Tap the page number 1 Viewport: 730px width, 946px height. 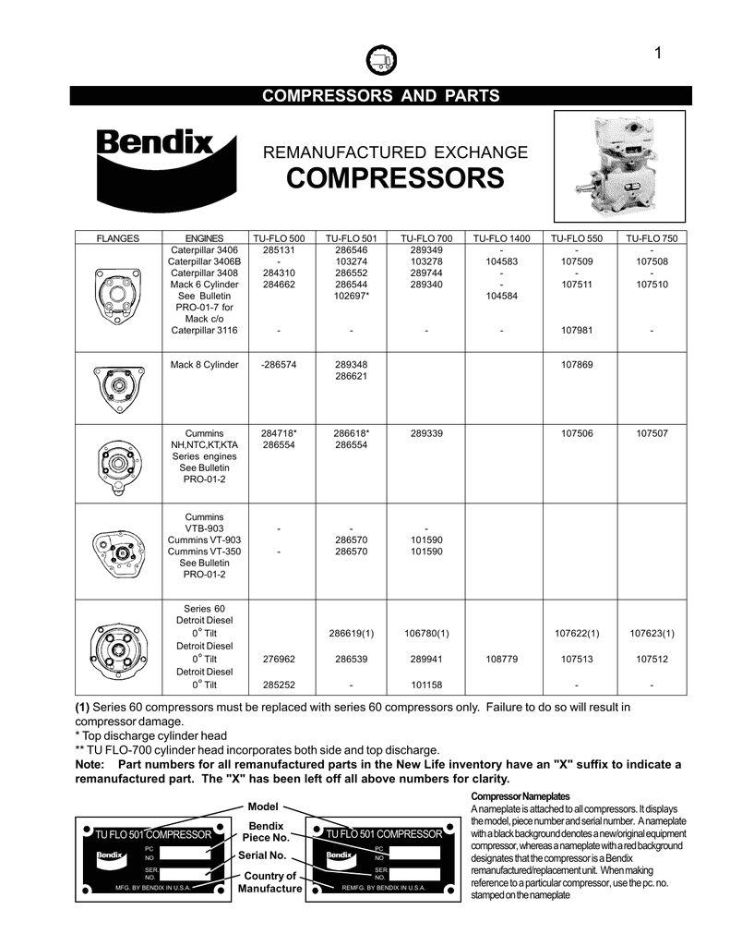[658, 54]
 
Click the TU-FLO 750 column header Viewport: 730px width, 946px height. [652, 238]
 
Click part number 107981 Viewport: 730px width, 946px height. [576, 331]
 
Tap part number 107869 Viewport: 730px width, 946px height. [576, 365]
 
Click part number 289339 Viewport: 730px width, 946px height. [425, 432]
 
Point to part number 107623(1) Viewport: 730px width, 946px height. [652, 634]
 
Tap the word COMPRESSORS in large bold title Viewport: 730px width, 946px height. [395, 177]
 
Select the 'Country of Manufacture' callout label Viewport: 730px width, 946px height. [270, 882]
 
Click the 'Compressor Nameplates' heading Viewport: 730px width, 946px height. [521, 796]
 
